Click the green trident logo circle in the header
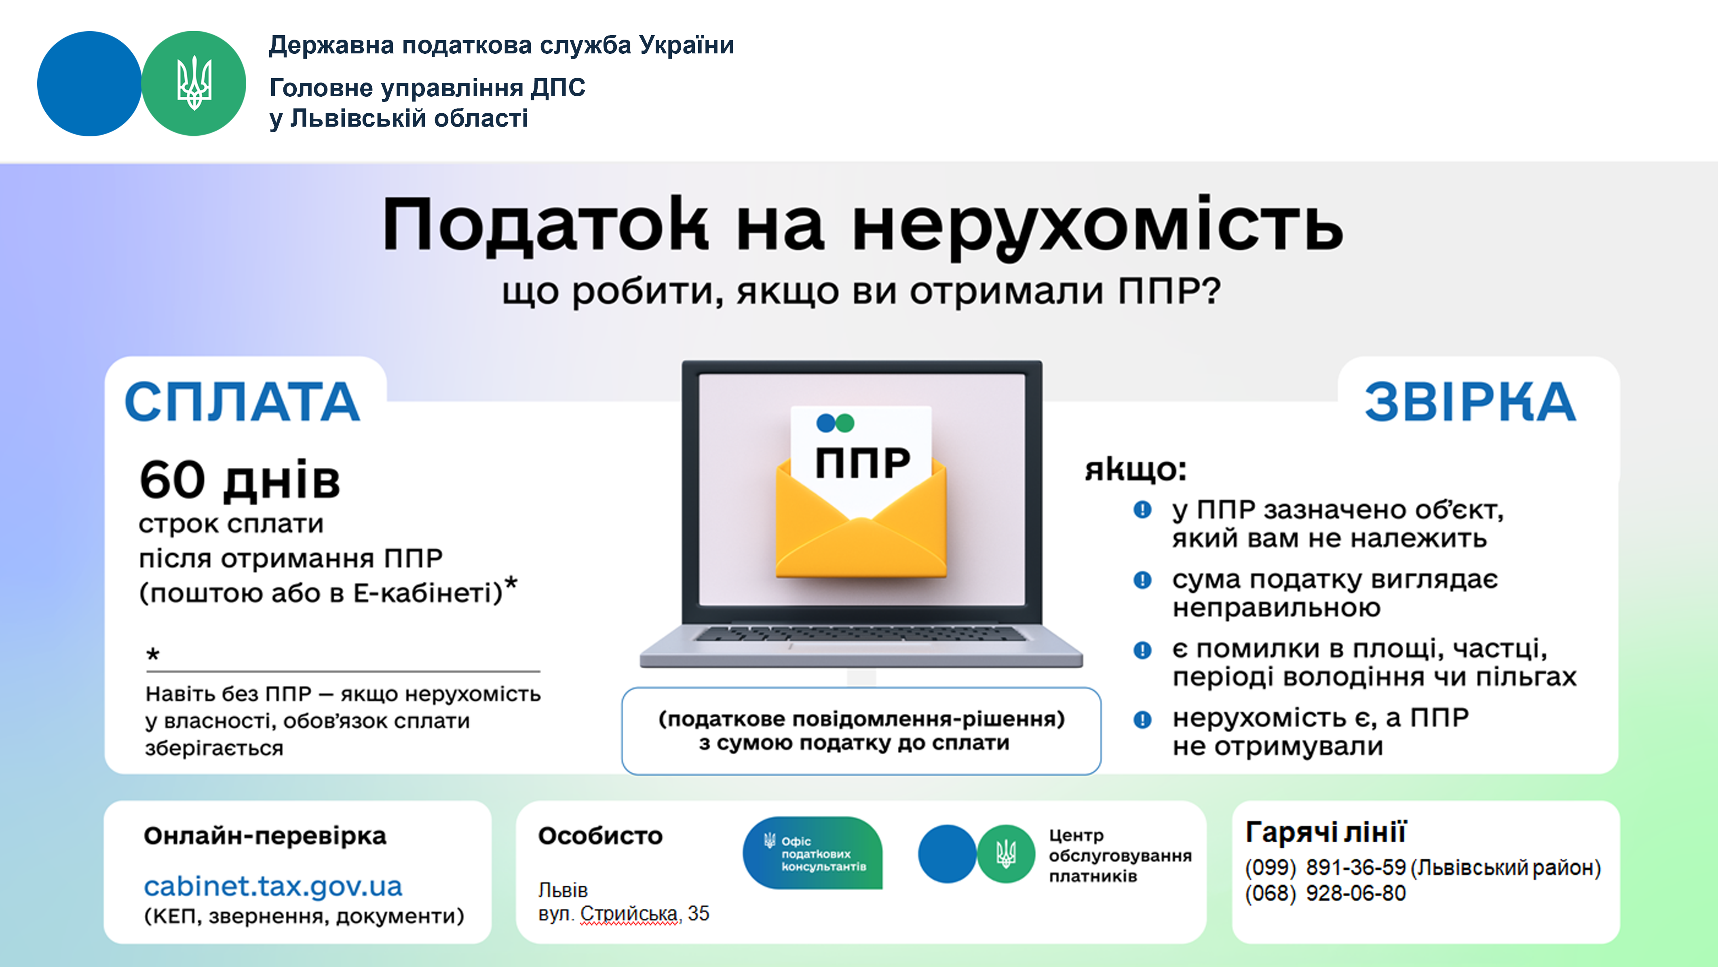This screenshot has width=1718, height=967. [x=194, y=83]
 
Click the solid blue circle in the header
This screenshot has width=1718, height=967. [x=89, y=83]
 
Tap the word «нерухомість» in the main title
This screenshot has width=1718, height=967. [x=1098, y=227]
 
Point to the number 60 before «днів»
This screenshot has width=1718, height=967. [x=172, y=479]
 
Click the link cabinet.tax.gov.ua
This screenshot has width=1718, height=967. [x=273, y=886]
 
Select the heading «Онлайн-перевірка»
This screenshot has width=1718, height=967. [x=265, y=836]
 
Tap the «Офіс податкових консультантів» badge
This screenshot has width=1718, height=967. [x=813, y=853]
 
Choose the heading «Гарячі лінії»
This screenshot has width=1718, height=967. [x=1326, y=832]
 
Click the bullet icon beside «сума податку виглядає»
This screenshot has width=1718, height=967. [x=1142, y=580]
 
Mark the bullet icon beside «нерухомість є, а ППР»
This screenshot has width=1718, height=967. [x=1142, y=719]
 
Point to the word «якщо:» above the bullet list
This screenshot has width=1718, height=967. [x=1135, y=469]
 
